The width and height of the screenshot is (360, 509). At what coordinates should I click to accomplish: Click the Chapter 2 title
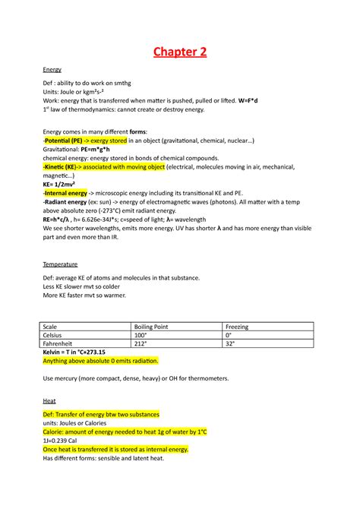tap(180, 52)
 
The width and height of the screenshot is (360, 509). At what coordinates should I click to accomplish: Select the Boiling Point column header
tap(154, 326)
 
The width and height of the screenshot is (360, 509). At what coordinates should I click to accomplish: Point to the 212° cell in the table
tap(140, 343)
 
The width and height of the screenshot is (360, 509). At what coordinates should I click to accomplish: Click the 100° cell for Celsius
tap(140, 334)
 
